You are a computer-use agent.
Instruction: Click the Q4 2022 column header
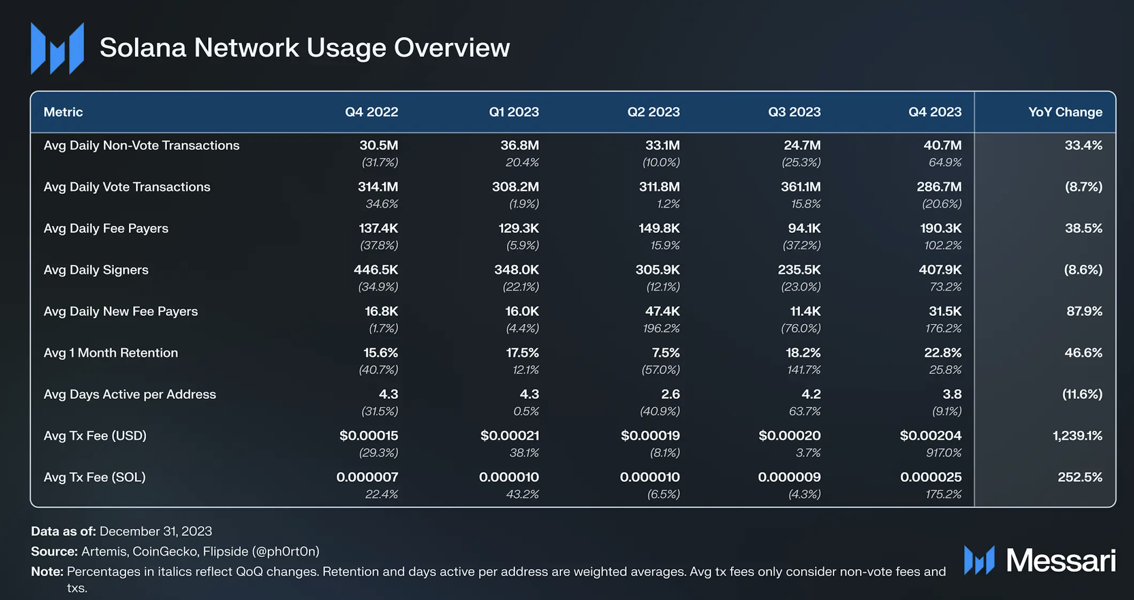point(372,112)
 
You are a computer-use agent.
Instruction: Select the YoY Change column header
point(1065,112)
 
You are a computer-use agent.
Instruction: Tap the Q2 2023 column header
point(654,112)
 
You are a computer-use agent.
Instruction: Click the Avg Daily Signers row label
point(96,270)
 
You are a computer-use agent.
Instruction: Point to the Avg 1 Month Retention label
point(111,353)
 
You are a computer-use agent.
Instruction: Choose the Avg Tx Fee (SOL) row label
point(95,477)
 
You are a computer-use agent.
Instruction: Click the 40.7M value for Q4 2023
point(943,145)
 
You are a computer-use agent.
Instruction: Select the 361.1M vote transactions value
point(801,187)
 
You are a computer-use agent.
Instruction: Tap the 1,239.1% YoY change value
point(1077,436)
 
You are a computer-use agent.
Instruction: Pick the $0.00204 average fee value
point(931,436)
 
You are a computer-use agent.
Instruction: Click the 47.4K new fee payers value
point(662,312)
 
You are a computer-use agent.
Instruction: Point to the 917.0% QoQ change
point(944,453)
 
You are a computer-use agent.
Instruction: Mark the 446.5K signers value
point(376,270)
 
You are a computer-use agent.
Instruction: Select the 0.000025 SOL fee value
point(931,477)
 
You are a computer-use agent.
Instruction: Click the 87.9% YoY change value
point(1084,312)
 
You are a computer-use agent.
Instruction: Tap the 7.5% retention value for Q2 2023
point(666,353)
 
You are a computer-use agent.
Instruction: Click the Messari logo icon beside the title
point(57,48)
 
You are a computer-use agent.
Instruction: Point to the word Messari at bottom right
point(1061,560)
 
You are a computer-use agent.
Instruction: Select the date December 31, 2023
point(156,532)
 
